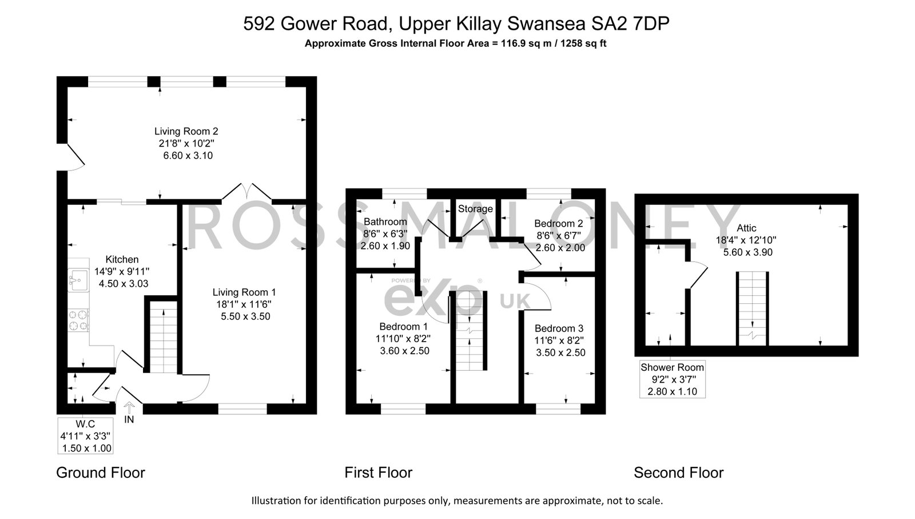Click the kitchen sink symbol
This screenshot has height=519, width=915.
pyautogui.click(x=78, y=280)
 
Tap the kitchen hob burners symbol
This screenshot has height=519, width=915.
pyautogui.click(x=78, y=320)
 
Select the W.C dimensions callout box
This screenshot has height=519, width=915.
pyautogui.click(x=85, y=435)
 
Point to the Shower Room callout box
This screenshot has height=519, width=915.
pyautogui.click(x=673, y=379)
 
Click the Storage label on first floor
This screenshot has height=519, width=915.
pyautogui.click(x=475, y=209)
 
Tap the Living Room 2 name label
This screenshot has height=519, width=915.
pyautogui.click(x=186, y=131)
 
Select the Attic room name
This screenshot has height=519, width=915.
pyautogui.click(x=746, y=228)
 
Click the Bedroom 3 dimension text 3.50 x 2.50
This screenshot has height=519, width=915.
pyautogui.click(x=560, y=352)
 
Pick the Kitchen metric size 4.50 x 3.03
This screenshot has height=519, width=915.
pyautogui.click(x=124, y=284)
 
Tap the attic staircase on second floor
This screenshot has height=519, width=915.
pyautogui.click(x=753, y=308)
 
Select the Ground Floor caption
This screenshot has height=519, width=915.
pyautogui.click(x=101, y=473)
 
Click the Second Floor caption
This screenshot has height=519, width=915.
pyautogui.click(x=678, y=473)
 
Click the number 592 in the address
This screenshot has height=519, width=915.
pyautogui.click(x=259, y=23)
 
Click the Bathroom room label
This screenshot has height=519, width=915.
pyautogui.click(x=385, y=222)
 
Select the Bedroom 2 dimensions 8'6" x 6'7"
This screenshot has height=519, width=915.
pyautogui.click(x=558, y=235)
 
